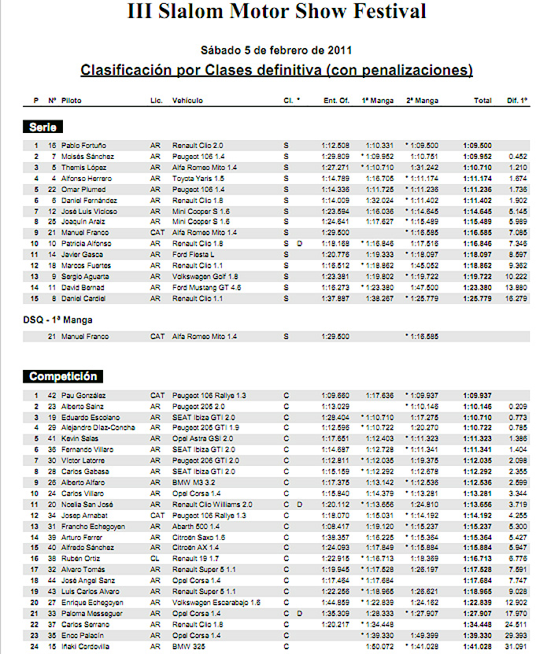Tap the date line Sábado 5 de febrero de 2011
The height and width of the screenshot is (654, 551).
click(x=275, y=49)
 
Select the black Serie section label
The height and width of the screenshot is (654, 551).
click(x=43, y=127)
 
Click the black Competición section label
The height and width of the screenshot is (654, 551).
click(x=63, y=376)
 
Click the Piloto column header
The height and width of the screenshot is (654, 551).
click(x=71, y=101)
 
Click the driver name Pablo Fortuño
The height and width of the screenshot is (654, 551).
click(x=83, y=146)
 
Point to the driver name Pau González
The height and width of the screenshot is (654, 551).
click(x=83, y=394)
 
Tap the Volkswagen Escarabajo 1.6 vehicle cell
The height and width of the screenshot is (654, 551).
click(x=211, y=602)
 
